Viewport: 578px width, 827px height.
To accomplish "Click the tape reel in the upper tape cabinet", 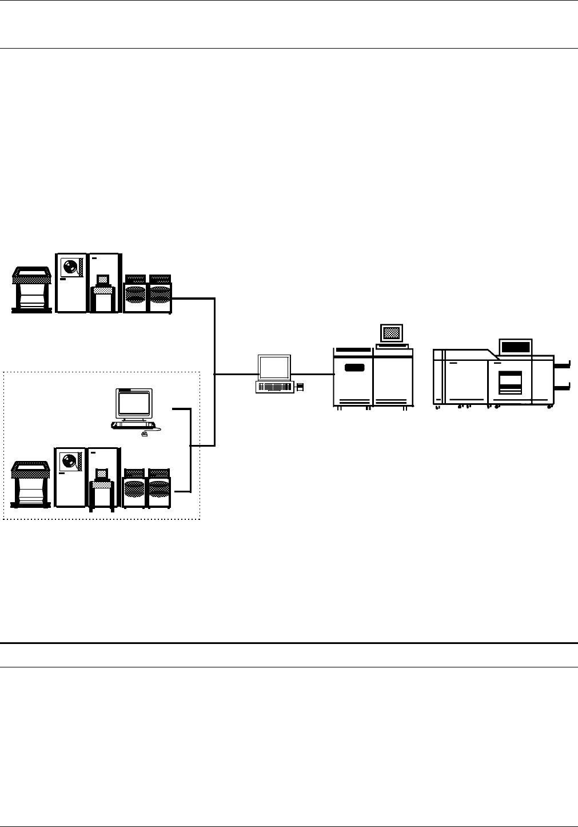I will point(71,268).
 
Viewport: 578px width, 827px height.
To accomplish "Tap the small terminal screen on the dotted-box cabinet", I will point(102,474).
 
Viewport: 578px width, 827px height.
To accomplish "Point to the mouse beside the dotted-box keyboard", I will point(143,434).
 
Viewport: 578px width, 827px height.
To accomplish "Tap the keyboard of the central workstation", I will point(275,387).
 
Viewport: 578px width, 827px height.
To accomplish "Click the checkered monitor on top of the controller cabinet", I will point(392,333).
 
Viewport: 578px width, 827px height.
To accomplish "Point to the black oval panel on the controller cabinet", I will point(354,367).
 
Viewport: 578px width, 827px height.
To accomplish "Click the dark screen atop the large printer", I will point(516,347).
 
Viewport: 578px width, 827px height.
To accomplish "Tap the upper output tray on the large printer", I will point(563,363).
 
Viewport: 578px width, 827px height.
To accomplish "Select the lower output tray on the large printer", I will point(563,388).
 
